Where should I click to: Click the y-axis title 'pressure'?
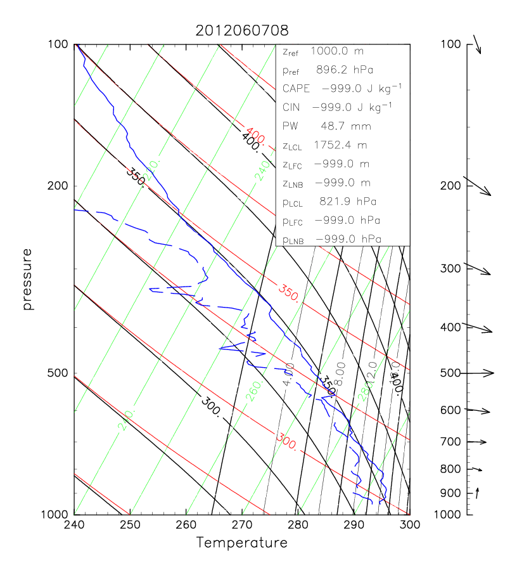point(27,279)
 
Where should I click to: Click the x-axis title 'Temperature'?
point(241,543)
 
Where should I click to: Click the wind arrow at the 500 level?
point(482,373)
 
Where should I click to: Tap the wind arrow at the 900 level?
point(478,491)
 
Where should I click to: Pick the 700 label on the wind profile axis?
point(450,442)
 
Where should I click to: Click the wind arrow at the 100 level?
point(477,46)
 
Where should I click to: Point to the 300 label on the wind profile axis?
point(450,268)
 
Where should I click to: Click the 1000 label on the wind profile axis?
point(447,514)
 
